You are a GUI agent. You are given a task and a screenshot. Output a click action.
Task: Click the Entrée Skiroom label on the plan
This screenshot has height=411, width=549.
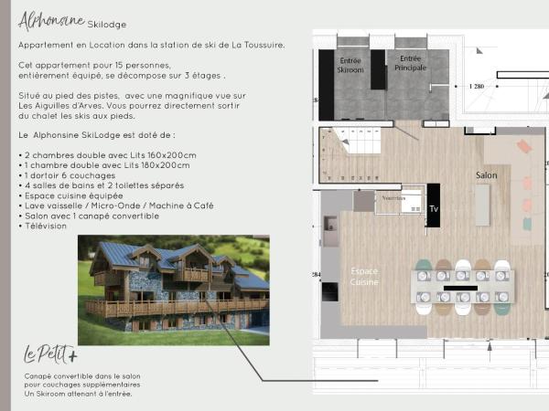point(350,65)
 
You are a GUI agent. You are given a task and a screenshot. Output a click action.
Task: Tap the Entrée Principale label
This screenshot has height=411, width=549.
point(409,63)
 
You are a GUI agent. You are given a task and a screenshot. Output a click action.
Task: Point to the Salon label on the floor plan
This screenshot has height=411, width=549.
point(486,174)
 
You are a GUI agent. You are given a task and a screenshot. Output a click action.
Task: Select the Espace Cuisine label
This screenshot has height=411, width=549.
point(365,277)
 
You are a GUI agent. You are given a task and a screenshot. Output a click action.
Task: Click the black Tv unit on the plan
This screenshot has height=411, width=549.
point(434,206)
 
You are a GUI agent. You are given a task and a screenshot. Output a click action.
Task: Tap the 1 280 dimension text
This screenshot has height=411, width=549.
point(475,86)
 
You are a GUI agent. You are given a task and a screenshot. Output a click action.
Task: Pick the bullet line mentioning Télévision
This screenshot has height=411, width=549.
point(44,226)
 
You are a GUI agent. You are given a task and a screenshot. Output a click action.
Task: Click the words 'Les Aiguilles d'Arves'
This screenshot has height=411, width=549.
point(59,104)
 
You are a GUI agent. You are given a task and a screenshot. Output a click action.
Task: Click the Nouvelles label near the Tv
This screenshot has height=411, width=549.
point(393,196)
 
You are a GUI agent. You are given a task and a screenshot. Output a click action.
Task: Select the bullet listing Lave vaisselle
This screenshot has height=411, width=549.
point(115,205)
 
